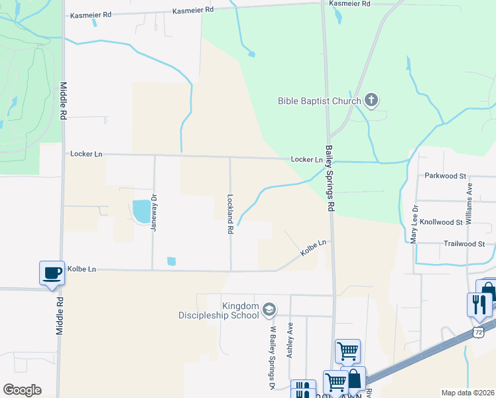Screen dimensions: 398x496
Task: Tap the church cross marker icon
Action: (371, 101)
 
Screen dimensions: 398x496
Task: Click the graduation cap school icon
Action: (269, 309)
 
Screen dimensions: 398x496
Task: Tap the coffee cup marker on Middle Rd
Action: (52, 273)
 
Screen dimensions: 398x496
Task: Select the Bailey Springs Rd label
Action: (328, 178)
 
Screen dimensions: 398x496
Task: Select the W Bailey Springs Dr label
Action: (272, 357)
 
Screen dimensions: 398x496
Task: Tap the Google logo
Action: (22, 389)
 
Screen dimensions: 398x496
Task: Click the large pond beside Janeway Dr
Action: (141, 211)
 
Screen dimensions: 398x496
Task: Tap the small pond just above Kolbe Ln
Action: (172, 261)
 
